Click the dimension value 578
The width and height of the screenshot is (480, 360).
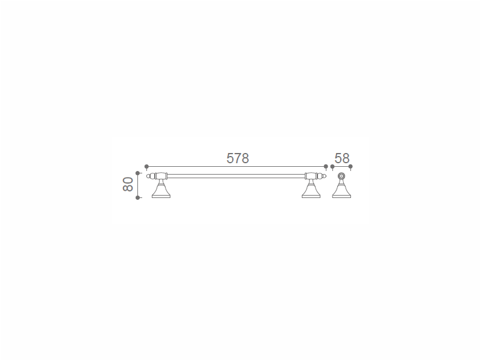click(238, 158)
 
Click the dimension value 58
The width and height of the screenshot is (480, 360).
click(342, 158)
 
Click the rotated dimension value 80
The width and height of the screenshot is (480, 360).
click(128, 184)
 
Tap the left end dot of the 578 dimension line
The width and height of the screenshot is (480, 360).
click(146, 167)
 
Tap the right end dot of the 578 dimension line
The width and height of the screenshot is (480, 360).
click(326, 167)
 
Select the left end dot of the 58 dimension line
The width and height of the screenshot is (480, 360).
click(332, 167)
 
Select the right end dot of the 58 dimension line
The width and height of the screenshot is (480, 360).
click(350, 167)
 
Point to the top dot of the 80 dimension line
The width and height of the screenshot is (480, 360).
click(138, 173)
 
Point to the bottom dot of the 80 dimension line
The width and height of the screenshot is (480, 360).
click(138, 198)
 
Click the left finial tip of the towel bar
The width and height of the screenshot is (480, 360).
click(147, 176)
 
